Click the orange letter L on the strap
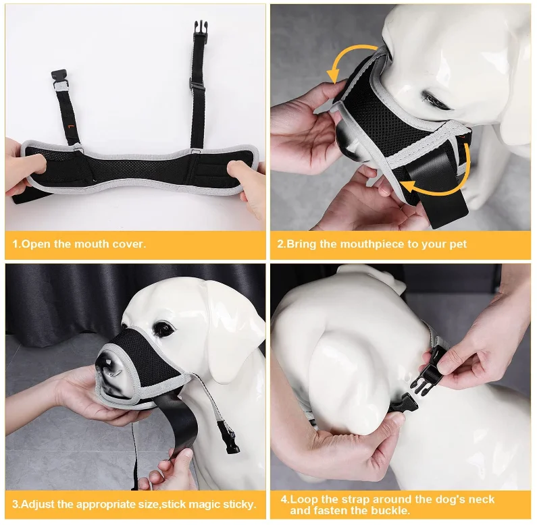coord(70,127)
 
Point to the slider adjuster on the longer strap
coord(197,84)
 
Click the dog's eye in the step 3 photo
coord(162,328)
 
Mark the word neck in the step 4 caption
coord(482,499)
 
